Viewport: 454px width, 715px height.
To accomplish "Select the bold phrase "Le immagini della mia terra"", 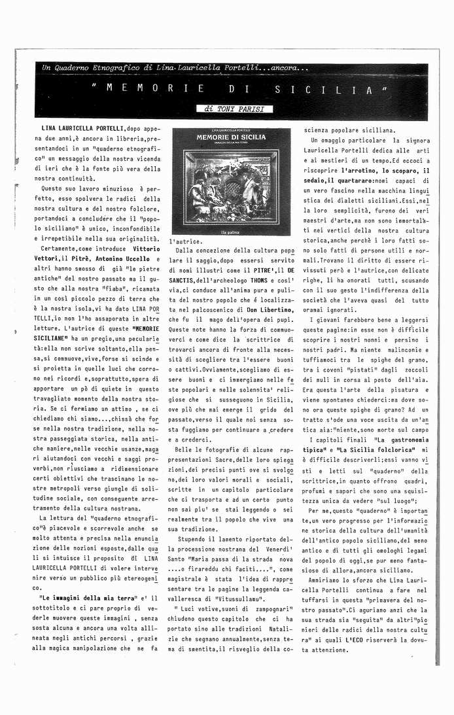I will tap(88, 598).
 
